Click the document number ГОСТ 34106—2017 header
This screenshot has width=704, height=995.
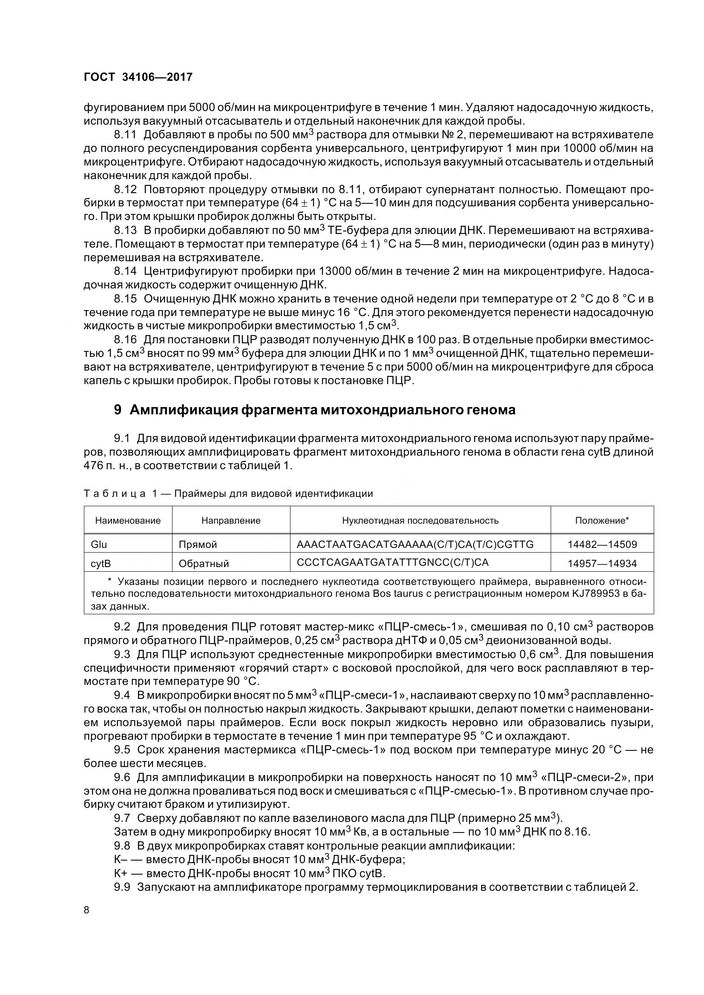click(138, 77)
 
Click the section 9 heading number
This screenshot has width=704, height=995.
click(117, 410)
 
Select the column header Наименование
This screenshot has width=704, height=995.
click(128, 520)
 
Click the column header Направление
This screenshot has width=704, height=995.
click(231, 520)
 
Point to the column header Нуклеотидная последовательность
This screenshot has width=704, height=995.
click(420, 520)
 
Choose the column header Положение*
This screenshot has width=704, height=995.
click(602, 520)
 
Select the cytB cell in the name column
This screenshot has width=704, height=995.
click(101, 563)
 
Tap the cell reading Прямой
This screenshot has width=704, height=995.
click(198, 545)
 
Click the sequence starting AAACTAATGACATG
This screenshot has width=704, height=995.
click(415, 544)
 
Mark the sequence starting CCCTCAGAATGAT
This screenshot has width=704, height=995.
click(393, 562)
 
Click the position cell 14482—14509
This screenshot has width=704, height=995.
click(602, 545)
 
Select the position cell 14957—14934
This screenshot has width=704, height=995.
click(602, 563)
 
